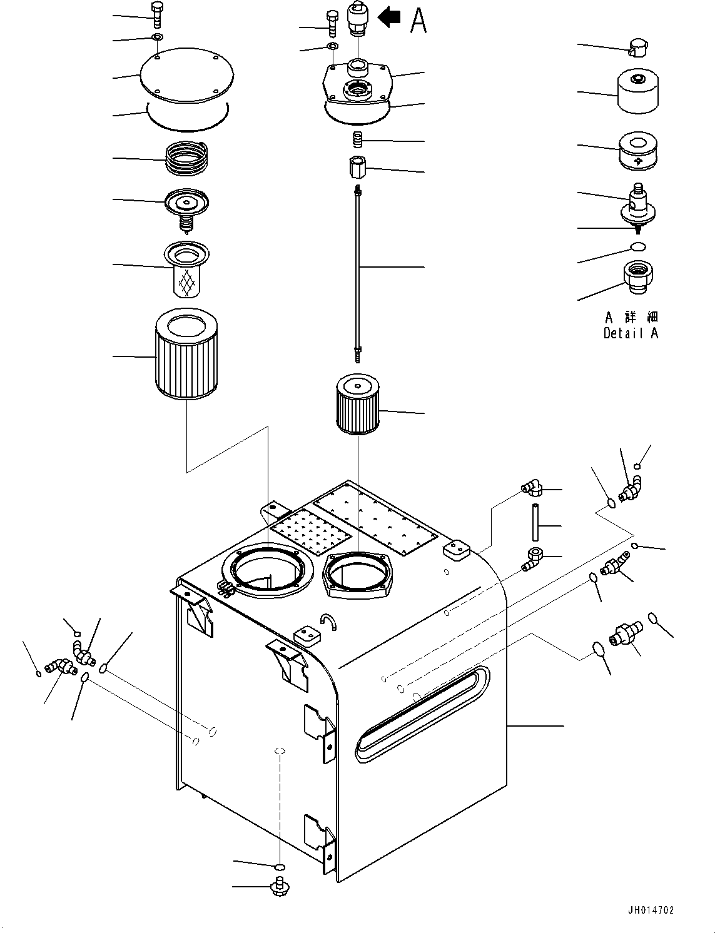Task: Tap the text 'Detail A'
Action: tap(631, 333)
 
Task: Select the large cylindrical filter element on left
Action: tap(185, 355)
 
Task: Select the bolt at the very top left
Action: tap(157, 13)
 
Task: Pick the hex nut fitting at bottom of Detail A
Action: tap(638, 278)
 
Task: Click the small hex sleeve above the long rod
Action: tap(358, 168)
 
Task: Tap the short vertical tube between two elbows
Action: tap(535, 522)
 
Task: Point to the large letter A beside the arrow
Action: tap(418, 20)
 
